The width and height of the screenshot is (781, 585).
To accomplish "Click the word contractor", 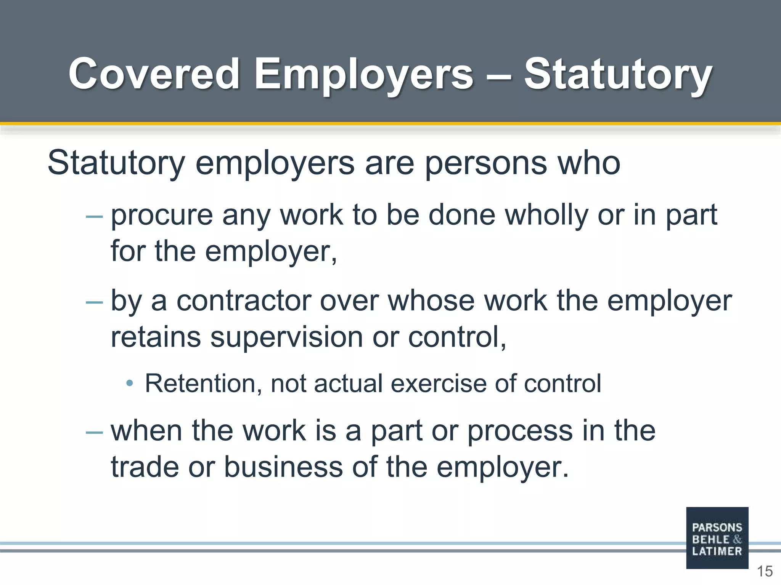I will pos(244,301).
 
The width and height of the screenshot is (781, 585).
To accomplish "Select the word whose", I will pos(431,301).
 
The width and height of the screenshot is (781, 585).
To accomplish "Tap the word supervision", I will pos(286,337).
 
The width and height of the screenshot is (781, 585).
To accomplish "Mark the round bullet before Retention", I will pos(130,383).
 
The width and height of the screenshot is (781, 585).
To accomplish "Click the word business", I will pos(283,467).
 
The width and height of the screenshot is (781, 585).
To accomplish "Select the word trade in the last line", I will pos(145,467).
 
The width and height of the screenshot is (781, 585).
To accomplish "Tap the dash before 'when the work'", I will pos(94,432).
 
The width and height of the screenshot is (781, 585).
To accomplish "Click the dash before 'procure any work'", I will pos(94,217).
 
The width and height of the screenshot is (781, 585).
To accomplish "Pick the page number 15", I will pos(765,572).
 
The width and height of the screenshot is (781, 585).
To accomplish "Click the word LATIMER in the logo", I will pos(717,551).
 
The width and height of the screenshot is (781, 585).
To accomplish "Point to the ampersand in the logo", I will pos(737,539).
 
